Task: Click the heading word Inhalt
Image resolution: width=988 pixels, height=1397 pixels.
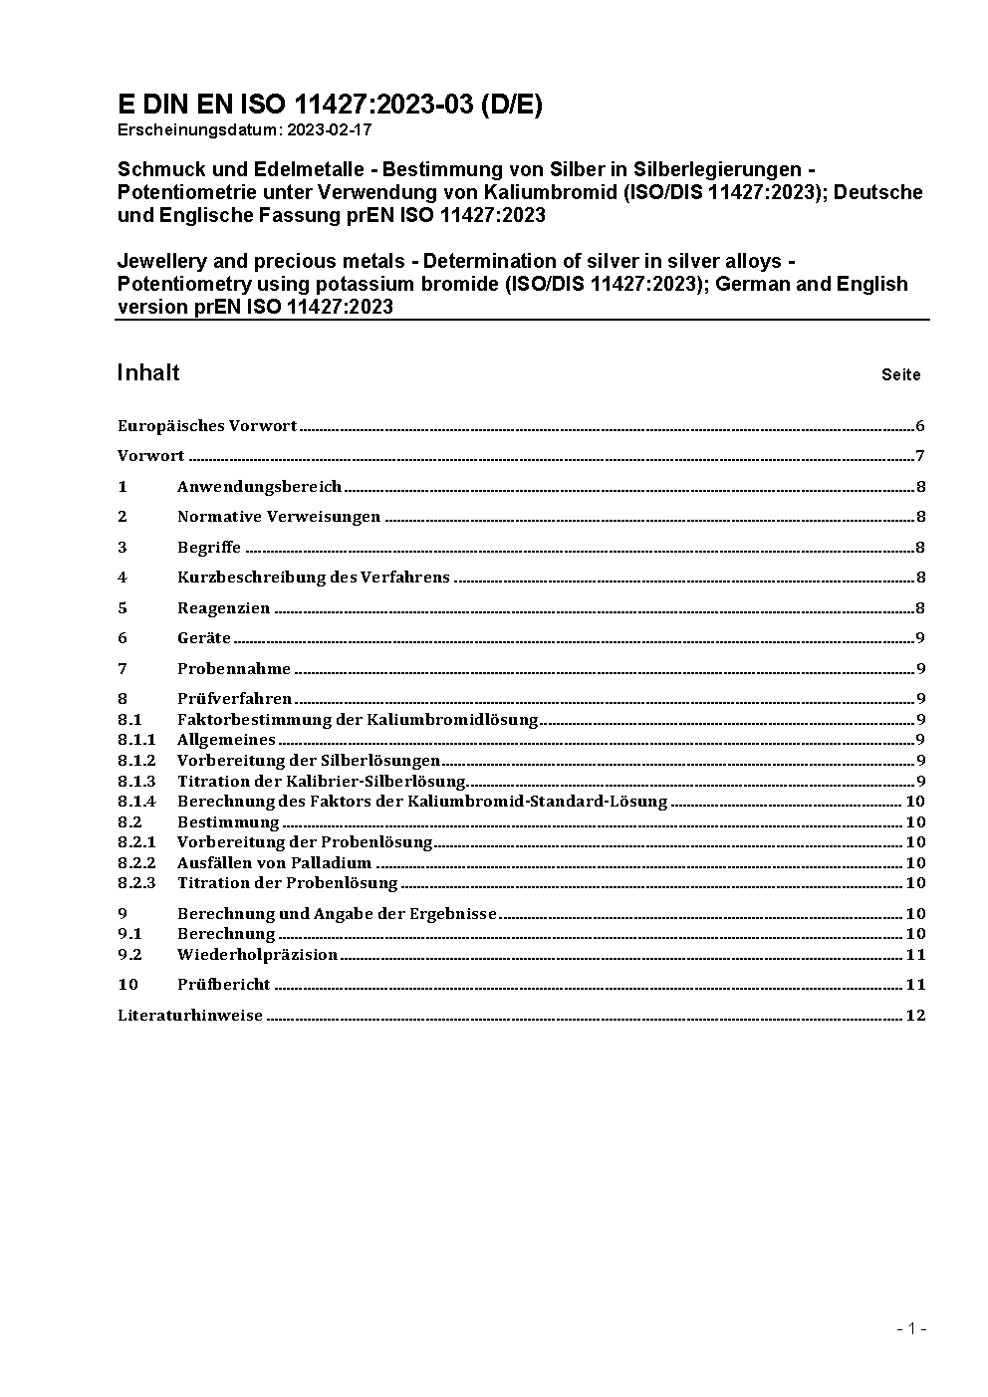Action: point(148,372)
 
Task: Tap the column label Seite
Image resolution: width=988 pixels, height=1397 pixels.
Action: point(900,375)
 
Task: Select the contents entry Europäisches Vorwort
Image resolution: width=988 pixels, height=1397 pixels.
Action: point(207,426)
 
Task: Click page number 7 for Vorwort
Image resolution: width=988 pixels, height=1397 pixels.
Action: point(920,456)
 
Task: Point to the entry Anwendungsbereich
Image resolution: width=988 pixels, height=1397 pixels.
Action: point(259,487)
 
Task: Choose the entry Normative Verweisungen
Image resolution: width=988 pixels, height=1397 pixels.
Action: point(279,517)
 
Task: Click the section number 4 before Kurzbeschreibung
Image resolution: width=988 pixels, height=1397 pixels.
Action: point(123,578)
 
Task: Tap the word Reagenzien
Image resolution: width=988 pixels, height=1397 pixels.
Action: point(223,608)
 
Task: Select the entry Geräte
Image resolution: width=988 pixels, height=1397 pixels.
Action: point(204,638)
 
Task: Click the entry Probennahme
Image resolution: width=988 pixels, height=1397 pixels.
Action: point(234,669)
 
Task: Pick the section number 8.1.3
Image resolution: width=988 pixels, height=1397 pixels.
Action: point(136,782)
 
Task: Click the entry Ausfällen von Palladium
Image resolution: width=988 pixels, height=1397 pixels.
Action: point(274,863)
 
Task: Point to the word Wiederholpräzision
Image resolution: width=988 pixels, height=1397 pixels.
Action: point(257,955)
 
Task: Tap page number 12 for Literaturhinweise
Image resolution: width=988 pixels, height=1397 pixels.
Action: point(916,1016)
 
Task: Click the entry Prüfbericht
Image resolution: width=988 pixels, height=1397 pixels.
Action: point(223,985)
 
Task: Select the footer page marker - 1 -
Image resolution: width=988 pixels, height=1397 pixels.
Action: point(911,1328)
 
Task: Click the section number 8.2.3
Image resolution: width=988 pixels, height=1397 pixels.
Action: point(136,883)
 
